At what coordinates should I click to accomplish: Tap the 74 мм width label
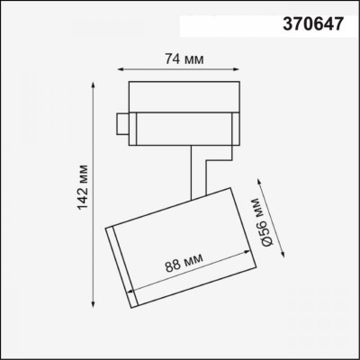pos(183,59)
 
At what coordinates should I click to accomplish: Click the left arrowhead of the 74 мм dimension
pos(121,70)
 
